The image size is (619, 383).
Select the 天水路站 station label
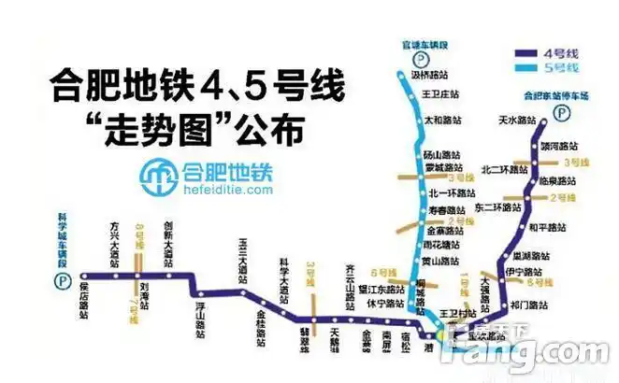[516, 120]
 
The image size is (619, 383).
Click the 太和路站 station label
[442, 120]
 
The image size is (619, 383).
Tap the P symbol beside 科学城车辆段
[65, 278]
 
